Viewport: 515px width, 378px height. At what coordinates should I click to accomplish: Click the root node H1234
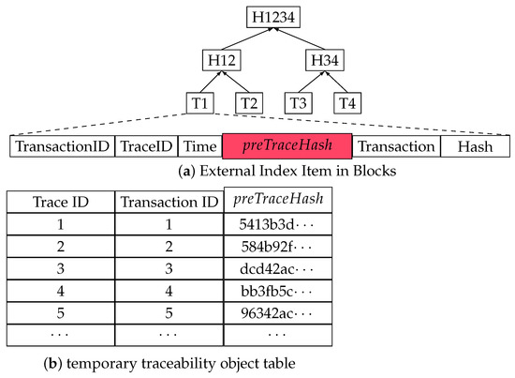click(272, 16)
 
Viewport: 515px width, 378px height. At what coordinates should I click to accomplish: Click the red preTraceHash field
click(287, 146)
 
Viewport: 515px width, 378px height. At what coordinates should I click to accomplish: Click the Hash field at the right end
click(475, 147)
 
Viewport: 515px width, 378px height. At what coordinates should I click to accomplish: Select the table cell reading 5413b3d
click(278, 226)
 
